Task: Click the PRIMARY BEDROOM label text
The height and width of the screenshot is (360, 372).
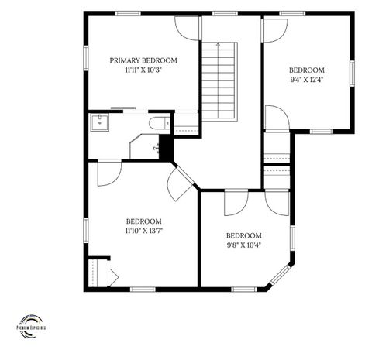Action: (143, 60)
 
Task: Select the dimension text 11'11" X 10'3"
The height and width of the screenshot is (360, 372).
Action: (143, 70)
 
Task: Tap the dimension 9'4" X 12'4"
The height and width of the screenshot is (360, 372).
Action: (307, 78)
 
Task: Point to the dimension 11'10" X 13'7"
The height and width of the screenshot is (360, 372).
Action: (143, 230)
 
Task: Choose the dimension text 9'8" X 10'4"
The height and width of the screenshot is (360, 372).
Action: (243, 245)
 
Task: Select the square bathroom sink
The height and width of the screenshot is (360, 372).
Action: (98, 122)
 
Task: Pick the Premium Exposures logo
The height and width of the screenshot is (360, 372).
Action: (32, 324)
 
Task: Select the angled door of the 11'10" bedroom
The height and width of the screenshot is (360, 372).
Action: (181, 183)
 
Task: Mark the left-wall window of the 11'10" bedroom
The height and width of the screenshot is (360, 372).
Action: (86, 228)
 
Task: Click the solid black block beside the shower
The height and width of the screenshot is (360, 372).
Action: (165, 149)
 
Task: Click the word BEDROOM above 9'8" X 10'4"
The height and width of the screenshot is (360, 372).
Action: (243, 235)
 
